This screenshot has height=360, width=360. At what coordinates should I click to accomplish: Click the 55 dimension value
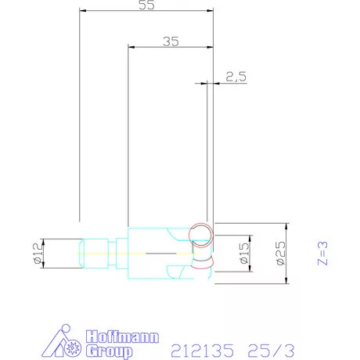pyautogui.click(x=146, y=5)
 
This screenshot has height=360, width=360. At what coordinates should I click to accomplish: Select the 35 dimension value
pyautogui.click(x=171, y=41)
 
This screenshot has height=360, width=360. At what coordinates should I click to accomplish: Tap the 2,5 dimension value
pyautogui.click(x=236, y=77)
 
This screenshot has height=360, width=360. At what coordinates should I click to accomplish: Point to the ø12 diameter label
pyautogui.click(x=38, y=253)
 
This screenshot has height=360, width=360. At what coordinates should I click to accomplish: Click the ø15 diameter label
pyautogui.click(x=244, y=253)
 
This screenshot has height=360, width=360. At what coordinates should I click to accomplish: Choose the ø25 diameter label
pyautogui.click(x=280, y=253)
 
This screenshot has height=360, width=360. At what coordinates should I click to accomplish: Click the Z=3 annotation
pyautogui.click(x=322, y=253)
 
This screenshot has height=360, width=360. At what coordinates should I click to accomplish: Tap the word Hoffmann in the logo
pyautogui.click(x=122, y=337)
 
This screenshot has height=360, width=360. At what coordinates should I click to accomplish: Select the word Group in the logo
pyautogui.click(x=110, y=351)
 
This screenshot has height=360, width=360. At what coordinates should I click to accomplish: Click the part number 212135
pyautogui.click(x=202, y=351)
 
